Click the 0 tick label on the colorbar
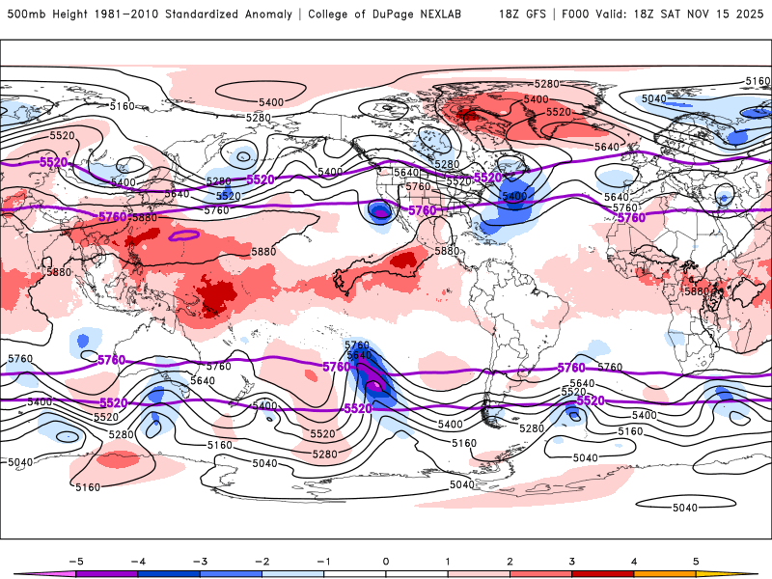pos(386,561)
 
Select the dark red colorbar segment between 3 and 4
pos(603,573)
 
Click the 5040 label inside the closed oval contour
pos(685,508)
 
